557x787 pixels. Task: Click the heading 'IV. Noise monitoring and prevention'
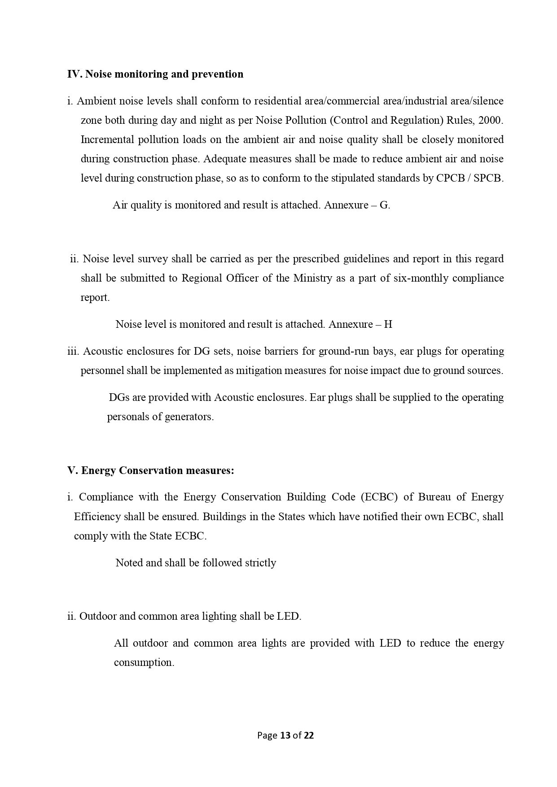[155, 74]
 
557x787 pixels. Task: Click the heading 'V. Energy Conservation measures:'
[151, 470]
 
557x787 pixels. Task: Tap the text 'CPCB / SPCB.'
[469, 178]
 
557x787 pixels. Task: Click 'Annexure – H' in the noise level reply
[360, 324]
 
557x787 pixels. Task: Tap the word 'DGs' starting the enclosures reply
[118, 397]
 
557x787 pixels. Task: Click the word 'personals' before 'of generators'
[127, 417]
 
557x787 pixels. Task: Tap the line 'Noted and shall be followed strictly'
[196, 563]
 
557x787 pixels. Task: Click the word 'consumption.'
[144, 662]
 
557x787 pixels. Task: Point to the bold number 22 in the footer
[309, 735]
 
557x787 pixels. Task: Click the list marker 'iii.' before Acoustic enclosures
[73, 351]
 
